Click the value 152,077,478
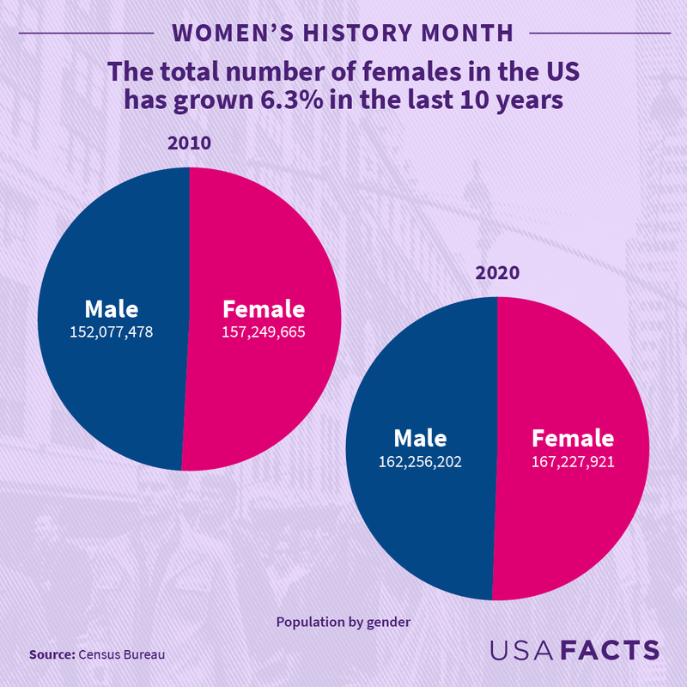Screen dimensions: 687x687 tap(111, 331)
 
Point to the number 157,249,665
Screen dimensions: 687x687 tap(264, 331)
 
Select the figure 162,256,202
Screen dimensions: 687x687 tap(421, 461)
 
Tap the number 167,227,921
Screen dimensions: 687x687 tap(574, 461)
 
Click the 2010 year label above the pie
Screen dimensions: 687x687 tap(189, 143)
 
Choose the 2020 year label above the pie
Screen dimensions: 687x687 tap(498, 274)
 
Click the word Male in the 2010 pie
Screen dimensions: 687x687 tap(111, 309)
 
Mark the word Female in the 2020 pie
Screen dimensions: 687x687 tap(574, 438)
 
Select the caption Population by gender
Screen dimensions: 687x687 tap(343, 622)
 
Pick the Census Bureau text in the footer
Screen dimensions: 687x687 tap(121, 654)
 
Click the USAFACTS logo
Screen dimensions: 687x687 tap(575, 650)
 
